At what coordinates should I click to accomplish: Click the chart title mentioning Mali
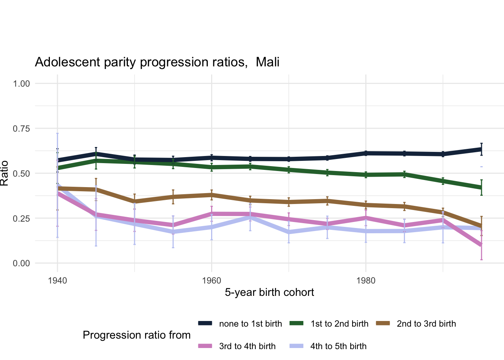157,62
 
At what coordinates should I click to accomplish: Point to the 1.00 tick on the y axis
21,84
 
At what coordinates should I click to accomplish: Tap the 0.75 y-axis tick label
21,129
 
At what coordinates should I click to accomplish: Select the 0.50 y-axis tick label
21,174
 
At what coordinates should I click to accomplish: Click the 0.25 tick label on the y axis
21,218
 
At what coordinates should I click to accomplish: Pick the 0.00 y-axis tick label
21,263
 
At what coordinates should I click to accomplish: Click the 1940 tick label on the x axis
57,281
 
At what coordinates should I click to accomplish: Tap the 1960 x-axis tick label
211,281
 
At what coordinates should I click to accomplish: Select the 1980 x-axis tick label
366,281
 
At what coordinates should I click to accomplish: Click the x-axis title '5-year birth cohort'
269,292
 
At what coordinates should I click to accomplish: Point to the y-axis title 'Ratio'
4,173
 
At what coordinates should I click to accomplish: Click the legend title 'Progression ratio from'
136,335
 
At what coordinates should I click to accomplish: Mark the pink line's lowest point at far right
481,245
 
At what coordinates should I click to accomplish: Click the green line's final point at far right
481,187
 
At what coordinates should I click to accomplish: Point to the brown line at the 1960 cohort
211,195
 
